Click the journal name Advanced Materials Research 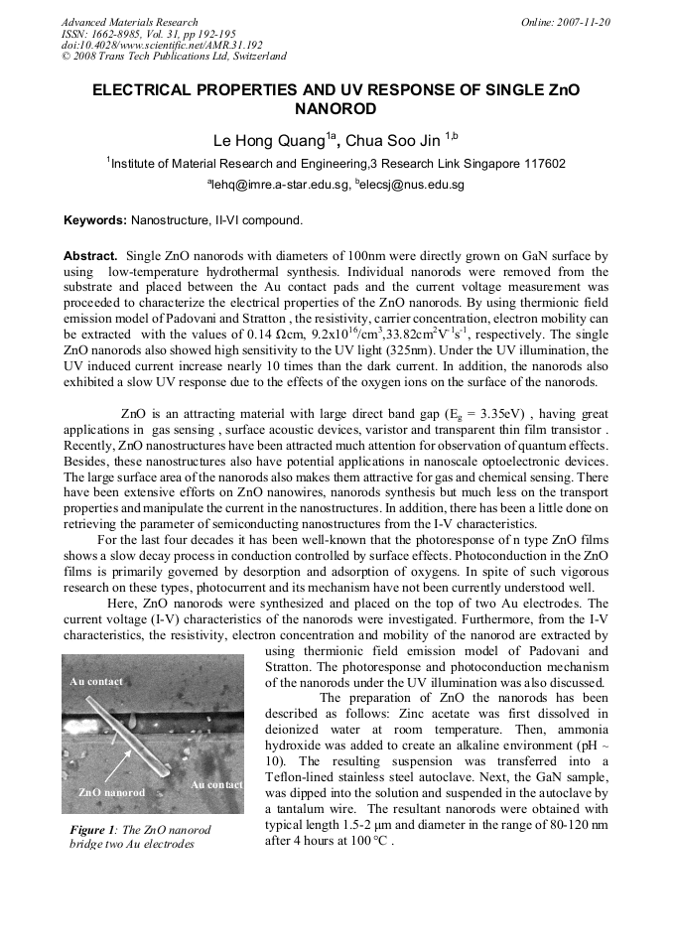pos(129,22)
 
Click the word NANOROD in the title pos(336,108)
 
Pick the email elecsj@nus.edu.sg pos(414,185)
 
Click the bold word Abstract pos(90,255)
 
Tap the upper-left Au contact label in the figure pos(96,682)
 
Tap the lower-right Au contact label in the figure pos(215,785)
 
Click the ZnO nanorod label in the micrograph pos(112,793)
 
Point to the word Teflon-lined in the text pos(301,775)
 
